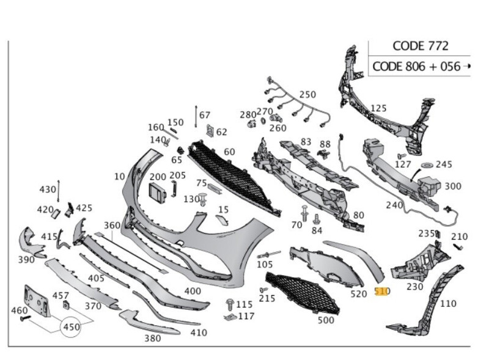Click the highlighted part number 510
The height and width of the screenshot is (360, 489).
pyautogui.click(x=381, y=292)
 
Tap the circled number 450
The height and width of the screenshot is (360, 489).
pyautogui.click(x=72, y=327)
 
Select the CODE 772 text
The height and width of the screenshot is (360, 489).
pyautogui.click(x=420, y=46)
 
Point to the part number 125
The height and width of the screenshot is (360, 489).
pyautogui.click(x=378, y=108)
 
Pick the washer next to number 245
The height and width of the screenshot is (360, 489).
pyautogui.click(x=426, y=165)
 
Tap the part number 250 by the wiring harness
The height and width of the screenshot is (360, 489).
pyautogui.click(x=307, y=95)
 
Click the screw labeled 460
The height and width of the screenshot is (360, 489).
pyautogui.click(x=25, y=318)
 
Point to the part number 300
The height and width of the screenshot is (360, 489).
pyautogui.click(x=453, y=186)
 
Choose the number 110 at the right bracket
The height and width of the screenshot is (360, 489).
pyautogui.click(x=447, y=303)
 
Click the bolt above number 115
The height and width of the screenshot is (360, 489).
pyautogui.click(x=230, y=304)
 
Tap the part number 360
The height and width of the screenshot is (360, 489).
pyautogui.click(x=112, y=226)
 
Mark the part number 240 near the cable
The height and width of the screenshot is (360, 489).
pyautogui.click(x=394, y=205)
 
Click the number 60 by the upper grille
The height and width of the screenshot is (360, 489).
pyautogui.click(x=229, y=152)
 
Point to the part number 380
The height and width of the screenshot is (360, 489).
pyautogui.click(x=152, y=338)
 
